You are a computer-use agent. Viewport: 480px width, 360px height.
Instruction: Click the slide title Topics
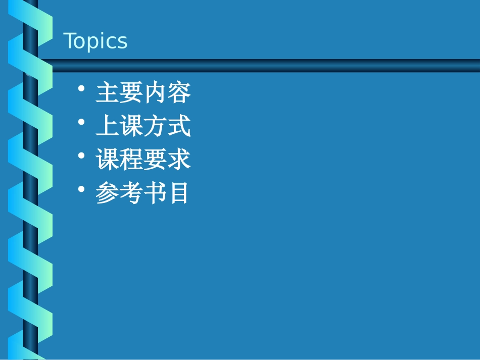pos(95,41)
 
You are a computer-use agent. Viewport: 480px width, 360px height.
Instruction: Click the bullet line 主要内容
pos(143,93)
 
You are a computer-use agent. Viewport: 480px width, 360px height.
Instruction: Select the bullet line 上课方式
pos(143,127)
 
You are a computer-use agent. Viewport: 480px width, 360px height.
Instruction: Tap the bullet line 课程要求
pos(143,160)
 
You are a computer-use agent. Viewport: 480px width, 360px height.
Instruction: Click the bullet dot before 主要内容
pos(82,89)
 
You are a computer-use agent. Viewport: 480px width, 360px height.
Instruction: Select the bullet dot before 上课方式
pos(82,122)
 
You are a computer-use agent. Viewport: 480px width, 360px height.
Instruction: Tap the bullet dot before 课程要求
pos(82,156)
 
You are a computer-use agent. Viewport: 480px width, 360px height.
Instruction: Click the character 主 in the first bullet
pos(107,93)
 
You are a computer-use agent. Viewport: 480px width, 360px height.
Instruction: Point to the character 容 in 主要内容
pos(179,93)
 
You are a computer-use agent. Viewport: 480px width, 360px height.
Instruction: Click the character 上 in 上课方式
pos(107,127)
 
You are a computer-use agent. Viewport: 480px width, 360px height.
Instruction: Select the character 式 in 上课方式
pos(179,127)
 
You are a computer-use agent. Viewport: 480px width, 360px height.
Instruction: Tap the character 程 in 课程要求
pos(131,160)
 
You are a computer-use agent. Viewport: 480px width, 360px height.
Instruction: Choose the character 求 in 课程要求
pos(179,160)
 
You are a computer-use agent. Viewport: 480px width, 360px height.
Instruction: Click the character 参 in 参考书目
pos(107,193)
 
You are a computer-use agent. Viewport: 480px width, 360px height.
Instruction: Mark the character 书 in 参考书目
pos(155,193)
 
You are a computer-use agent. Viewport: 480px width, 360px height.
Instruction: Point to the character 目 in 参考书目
pos(179,193)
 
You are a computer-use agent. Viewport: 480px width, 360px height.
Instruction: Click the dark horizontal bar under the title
pos(263,66)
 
